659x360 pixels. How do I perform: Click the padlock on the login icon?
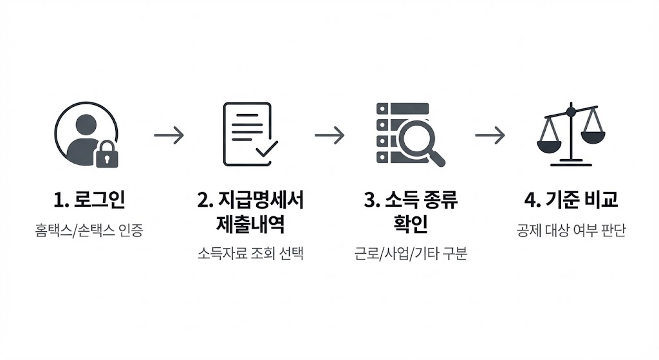click(x=107, y=155)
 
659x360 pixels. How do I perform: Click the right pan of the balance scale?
click(x=593, y=136)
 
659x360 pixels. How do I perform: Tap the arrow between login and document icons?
click(x=169, y=135)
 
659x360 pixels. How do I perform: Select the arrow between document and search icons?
click(x=329, y=135)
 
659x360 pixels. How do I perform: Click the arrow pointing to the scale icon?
click(x=490, y=135)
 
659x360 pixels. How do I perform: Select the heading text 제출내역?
click(x=250, y=225)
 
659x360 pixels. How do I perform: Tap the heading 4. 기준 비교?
click(x=571, y=200)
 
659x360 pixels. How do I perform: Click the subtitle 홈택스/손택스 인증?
click(x=89, y=230)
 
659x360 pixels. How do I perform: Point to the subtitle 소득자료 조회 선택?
click(x=250, y=254)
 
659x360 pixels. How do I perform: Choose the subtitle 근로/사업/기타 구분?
click(x=411, y=254)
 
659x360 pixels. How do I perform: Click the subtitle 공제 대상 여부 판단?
click(x=571, y=230)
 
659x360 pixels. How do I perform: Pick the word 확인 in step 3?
click(x=411, y=225)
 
